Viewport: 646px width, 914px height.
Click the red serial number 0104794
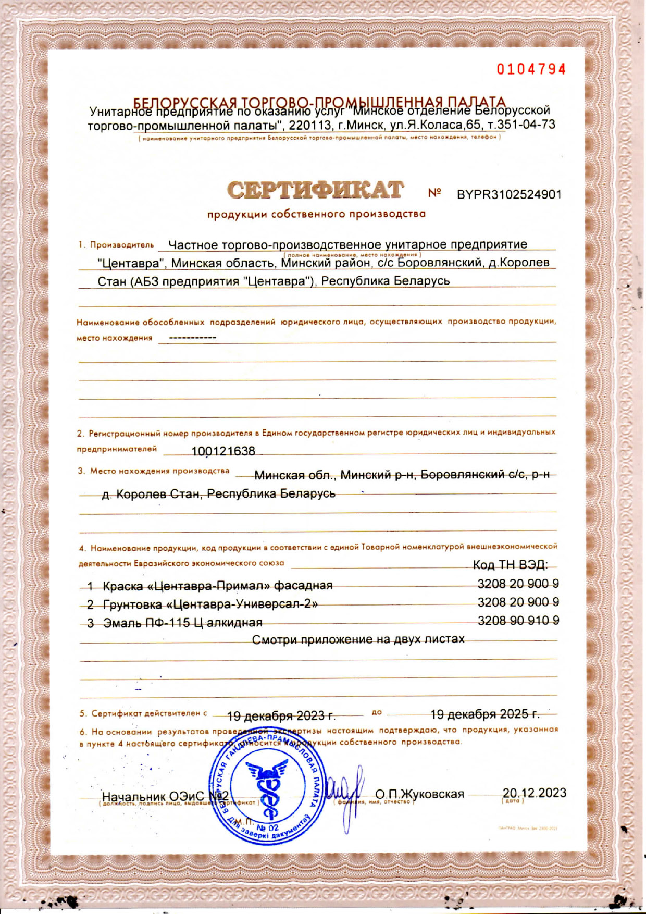point(531,69)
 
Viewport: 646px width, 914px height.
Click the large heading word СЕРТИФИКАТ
point(315,191)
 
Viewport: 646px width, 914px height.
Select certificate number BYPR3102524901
point(509,195)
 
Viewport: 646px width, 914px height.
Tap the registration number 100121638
point(223,451)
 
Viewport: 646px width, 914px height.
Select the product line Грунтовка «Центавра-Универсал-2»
point(210,604)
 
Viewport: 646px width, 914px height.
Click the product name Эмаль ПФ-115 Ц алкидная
point(183,623)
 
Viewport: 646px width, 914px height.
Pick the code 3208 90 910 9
point(518,621)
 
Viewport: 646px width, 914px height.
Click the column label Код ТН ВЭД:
point(510,565)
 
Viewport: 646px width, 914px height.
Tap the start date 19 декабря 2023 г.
point(281,715)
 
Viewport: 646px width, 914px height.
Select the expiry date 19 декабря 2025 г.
point(485,714)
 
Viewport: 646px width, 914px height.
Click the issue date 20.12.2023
point(534,793)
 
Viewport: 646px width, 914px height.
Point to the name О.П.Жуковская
point(419,794)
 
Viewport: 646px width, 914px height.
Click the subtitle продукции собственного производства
point(316,214)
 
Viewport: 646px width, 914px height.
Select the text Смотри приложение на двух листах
point(358,639)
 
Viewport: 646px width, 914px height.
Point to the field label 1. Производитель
point(116,245)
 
